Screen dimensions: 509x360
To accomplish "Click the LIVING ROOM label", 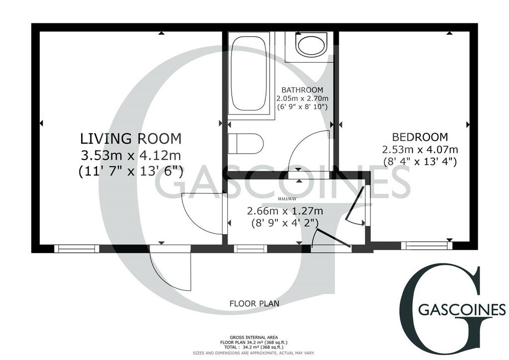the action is [x=131, y=139].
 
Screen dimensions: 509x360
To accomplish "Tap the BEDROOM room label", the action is [x=420, y=137].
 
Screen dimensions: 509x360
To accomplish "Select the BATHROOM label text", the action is [x=302, y=90].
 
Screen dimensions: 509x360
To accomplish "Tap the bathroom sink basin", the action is [x=311, y=45].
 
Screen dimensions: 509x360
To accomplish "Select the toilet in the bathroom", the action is [x=246, y=143].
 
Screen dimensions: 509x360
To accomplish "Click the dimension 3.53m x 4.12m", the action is [x=131, y=155].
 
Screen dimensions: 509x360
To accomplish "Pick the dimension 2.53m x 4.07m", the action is [x=420, y=150].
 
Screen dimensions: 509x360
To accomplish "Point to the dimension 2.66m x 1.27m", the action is [x=285, y=211].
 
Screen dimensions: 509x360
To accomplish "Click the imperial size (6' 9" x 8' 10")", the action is [x=302, y=106].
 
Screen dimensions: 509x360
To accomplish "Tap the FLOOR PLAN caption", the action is [x=254, y=303].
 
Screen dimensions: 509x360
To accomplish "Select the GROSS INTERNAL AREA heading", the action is [x=254, y=338].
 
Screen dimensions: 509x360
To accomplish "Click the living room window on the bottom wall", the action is [x=77, y=249].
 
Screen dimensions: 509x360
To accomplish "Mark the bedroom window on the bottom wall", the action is [x=426, y=246].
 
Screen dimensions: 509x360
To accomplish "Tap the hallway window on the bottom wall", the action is [x=251, y=249].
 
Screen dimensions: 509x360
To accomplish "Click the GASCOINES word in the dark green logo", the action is [x=462, y=310].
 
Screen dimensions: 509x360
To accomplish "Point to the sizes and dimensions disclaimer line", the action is [x=254, y=353].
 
